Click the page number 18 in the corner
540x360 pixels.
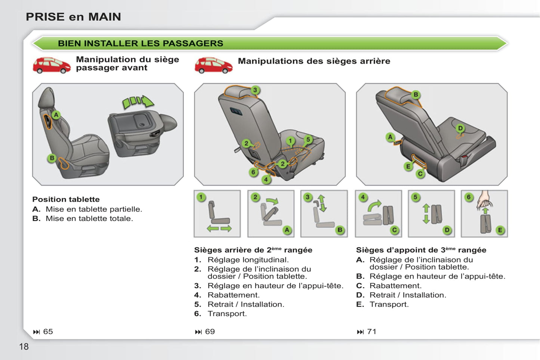point(24,347)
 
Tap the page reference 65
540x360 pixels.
point(48,332)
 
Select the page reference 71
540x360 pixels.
point(371,332)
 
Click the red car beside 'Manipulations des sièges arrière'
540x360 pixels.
point(214,65)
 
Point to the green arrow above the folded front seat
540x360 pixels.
point(138,102)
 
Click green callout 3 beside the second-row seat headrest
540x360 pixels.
point(255,90)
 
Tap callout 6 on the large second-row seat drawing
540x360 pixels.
point(253,172)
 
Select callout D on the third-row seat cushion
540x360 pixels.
point(460,128)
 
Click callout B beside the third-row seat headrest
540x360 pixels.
point(416,94)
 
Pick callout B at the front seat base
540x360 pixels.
point(52,158)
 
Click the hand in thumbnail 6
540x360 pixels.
point(485,199)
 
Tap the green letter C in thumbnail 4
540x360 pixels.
point(394,230)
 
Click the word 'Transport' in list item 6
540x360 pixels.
point(226,314)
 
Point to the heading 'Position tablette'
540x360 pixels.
point(66,199)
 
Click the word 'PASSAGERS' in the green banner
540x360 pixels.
point(193,43)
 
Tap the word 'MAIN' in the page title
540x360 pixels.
point(105,17)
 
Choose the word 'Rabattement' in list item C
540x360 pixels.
point(395,286)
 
